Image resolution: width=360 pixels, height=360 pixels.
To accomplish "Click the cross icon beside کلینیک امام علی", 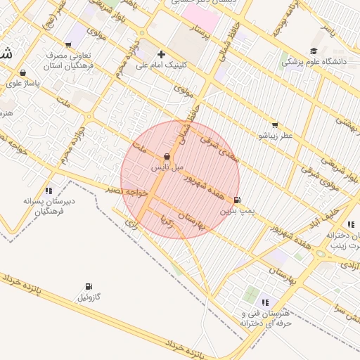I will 162,54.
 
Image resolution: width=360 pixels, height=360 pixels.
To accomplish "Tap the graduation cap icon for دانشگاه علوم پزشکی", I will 313,51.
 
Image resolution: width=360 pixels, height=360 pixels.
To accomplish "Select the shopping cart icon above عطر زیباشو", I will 274,124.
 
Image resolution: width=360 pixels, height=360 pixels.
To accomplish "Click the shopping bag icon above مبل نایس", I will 167,157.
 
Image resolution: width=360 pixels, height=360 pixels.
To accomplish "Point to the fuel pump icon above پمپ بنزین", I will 236,200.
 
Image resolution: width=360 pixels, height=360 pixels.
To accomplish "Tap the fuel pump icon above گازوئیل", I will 88,286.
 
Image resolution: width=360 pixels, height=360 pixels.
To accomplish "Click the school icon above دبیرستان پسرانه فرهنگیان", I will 49,190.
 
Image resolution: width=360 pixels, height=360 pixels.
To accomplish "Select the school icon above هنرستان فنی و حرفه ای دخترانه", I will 265,302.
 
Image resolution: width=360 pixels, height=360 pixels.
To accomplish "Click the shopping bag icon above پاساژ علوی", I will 23,72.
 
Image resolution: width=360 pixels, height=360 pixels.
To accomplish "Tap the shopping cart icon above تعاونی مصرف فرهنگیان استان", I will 70,44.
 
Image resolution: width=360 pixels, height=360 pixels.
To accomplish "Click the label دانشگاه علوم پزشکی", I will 316,62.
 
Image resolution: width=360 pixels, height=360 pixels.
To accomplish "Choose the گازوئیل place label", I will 89,297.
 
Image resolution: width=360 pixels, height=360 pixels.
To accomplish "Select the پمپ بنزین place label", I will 235,210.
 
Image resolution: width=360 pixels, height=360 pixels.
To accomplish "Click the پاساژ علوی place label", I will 24,83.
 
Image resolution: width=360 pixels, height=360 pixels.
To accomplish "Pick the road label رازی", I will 131,223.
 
